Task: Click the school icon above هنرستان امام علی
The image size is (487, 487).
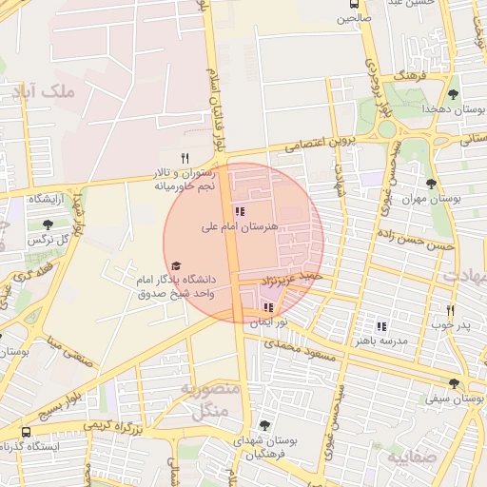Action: coord(239,211)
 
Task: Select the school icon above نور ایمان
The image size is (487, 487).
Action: coord(267,307)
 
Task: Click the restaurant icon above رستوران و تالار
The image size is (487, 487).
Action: coord(185,159)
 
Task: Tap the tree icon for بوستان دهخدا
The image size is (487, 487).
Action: coord(453,94)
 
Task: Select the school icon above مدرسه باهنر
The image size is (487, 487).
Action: coord(381,325)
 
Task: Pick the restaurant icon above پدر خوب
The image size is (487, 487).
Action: coord(450,310)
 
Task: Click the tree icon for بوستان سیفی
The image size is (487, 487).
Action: coord(454,384)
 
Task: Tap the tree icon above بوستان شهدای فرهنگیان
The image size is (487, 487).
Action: coord(263,425)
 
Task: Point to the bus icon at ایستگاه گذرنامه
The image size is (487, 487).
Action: coord(25,431)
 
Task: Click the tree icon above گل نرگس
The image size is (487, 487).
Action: coord(48,224)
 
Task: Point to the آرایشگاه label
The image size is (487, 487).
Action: coord(45,199)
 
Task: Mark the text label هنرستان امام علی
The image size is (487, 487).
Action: coord(239,227)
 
